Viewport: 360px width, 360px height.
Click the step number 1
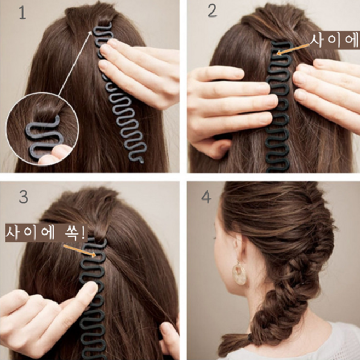coord(22,13)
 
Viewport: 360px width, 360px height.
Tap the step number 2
coord(212,11)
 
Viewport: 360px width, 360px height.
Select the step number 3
coord(24,197)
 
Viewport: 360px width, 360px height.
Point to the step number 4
coord(206,197)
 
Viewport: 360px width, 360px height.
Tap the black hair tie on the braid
coord(249,338)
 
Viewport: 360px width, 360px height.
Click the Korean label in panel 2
coord(334,41)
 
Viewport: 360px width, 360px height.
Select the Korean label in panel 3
coord(45,232)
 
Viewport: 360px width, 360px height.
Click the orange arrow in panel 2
coord(293,50)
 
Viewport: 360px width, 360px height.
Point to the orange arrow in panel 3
coord(79,250)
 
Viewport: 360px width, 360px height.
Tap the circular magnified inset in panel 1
coord(43,129)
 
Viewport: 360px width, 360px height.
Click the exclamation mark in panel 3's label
coord(83,232)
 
